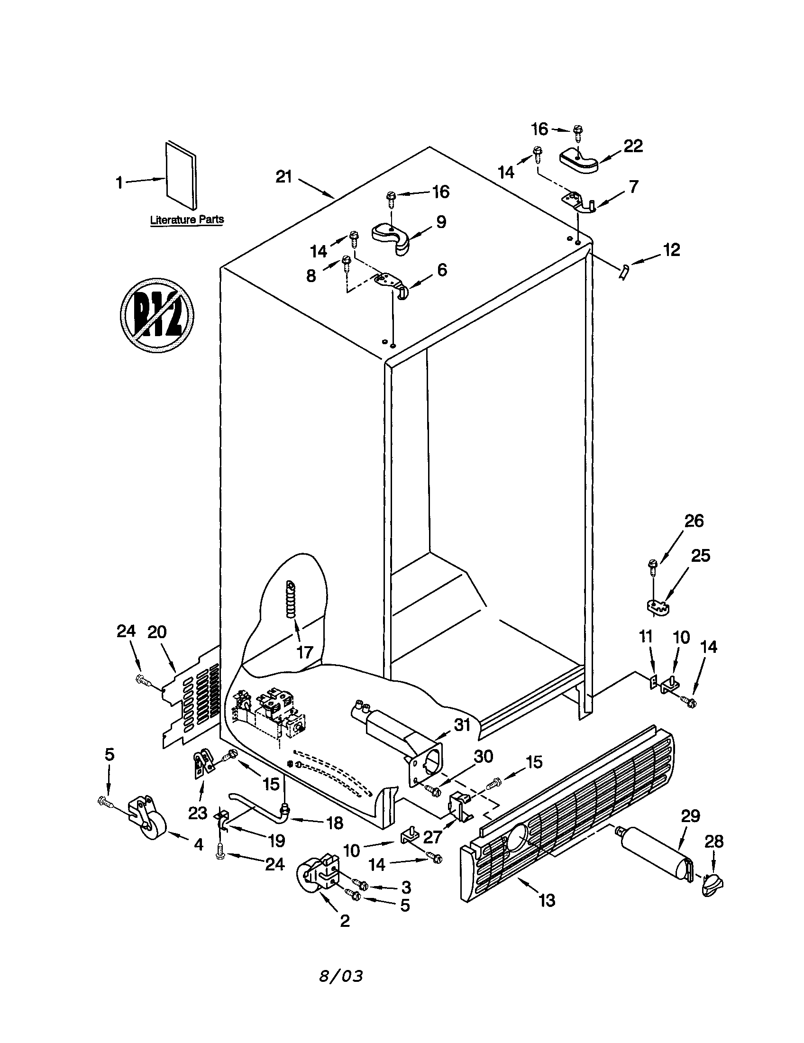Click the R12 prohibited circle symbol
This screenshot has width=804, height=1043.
156,316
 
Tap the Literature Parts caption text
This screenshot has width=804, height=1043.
187,220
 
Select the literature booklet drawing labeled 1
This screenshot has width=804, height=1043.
181,175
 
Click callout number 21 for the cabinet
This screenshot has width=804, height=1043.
283,177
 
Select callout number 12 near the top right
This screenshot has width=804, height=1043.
671,250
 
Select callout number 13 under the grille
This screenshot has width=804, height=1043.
547,901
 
